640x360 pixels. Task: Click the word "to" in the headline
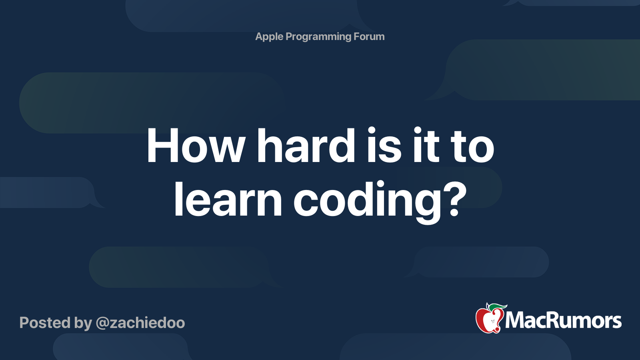tap(472, 147)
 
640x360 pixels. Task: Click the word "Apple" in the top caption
tap(269, 37)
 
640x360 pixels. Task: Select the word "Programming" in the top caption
tap(318, 37)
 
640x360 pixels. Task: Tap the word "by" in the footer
tap(83, 323)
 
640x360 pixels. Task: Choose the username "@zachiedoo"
tap(140, 323)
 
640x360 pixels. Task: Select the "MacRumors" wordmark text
tap(563, 321)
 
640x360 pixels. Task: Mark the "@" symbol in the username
tap(102, 323)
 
